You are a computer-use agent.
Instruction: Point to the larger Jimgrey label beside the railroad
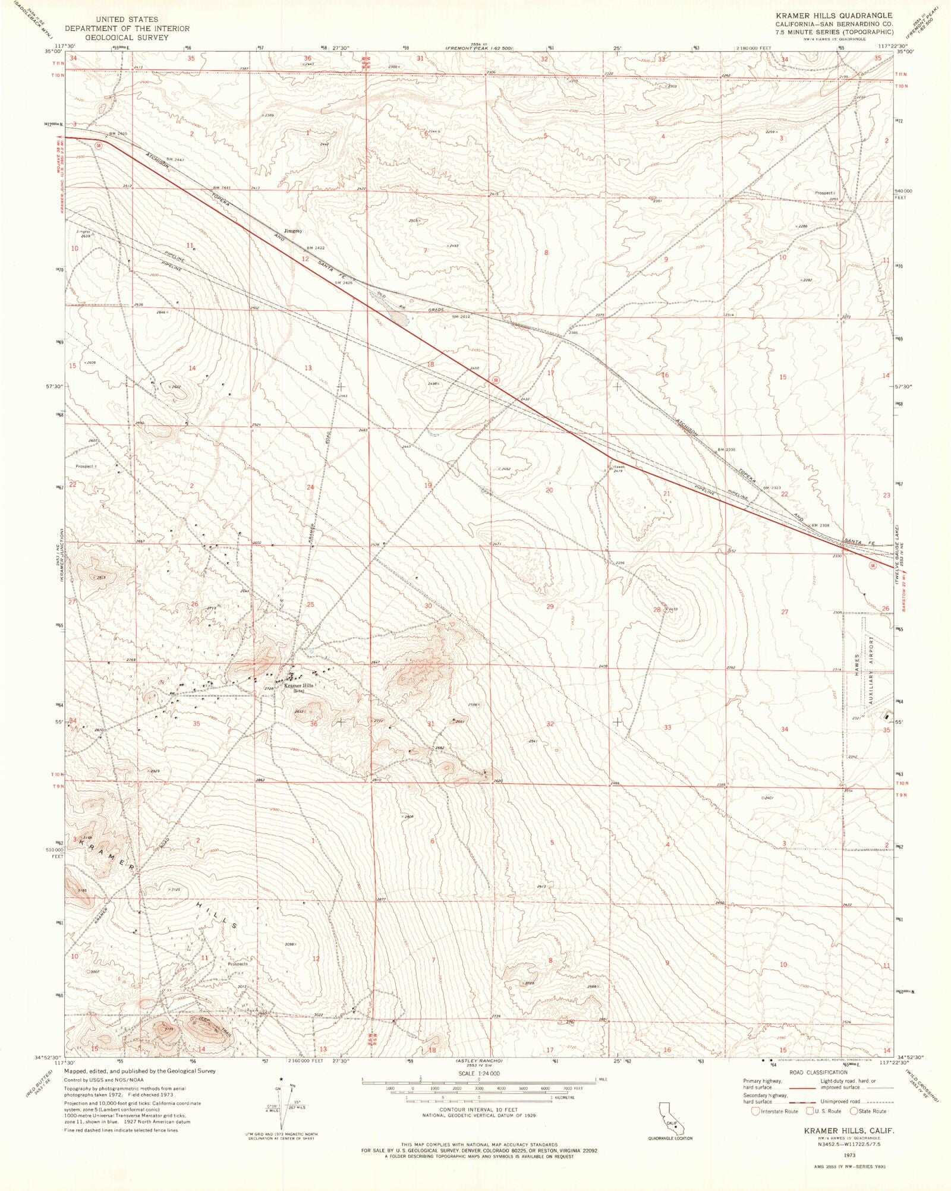[x=293, y=231]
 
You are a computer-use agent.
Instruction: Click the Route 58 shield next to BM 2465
[x=99, y=145]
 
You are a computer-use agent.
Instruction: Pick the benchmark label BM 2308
[x=820, y=525]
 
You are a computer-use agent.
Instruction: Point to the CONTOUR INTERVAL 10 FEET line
[x=478, y=1110]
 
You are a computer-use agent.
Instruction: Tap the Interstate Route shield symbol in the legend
[x=755, y=1111]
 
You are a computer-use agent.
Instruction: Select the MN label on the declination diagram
[x=292, y=1086]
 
